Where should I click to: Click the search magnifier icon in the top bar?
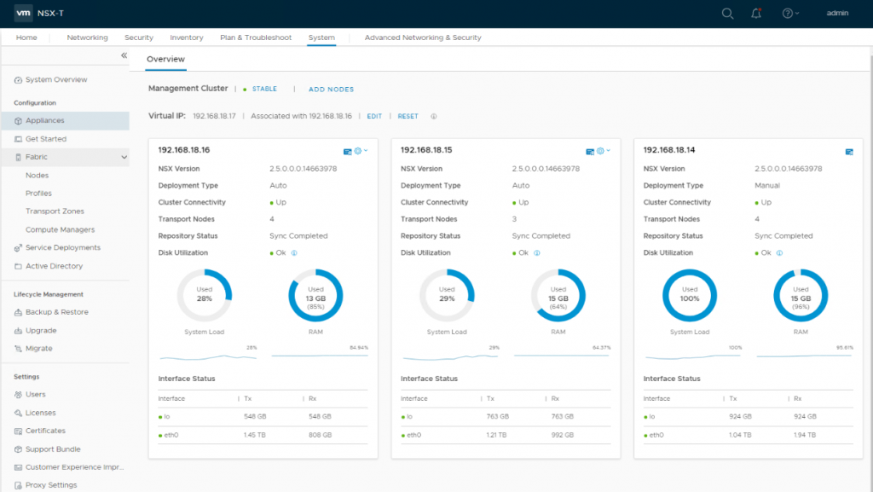click(727, 14)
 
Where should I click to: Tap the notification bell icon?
click(755, 14)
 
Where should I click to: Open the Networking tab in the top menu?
click(87, 38)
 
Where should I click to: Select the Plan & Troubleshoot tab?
click(256, 38)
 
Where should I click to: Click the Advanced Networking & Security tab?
click(423, 38)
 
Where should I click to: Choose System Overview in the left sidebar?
click(56, 79)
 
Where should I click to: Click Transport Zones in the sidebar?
click(55, 211)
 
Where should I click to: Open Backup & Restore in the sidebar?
click(56, 312)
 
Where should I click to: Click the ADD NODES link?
click(331, 90)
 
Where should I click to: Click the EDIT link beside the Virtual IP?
click(374, 116)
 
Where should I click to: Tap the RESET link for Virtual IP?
click(408, 116)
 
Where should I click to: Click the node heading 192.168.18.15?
click(426, 150)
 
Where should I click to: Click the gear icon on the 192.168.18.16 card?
click(358, 151)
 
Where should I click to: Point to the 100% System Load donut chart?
click(689, 295)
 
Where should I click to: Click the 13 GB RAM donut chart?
click(315, 295)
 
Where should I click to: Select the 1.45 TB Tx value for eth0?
click(252, 435)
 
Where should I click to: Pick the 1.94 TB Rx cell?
click(804, 435)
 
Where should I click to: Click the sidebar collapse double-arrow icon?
click(124, 55)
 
